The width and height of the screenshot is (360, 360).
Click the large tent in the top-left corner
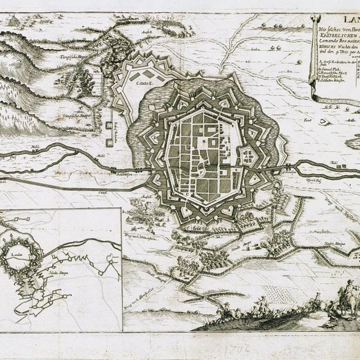[x=12, y=21]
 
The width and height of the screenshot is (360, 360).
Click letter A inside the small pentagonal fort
[x=246, y=155]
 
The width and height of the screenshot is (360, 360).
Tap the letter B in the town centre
[x=213, y=141]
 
